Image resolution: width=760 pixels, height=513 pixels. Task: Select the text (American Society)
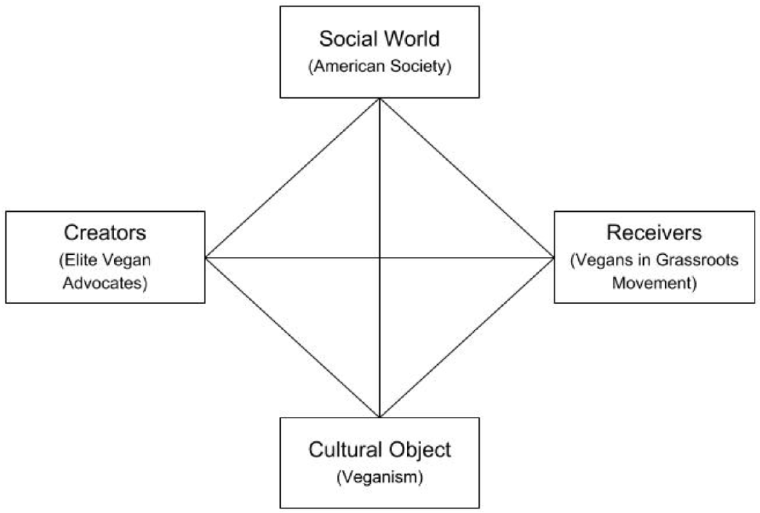coord(380,66)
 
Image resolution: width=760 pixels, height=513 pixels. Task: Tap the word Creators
coord(105,233)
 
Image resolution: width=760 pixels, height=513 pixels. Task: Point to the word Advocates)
coord(105,283)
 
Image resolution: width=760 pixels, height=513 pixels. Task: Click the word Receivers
coord(654,233)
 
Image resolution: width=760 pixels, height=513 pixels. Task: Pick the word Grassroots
coord(697,260)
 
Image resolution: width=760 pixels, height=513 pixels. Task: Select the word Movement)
coord(654,283)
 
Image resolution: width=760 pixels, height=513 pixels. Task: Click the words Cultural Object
coord(380,450)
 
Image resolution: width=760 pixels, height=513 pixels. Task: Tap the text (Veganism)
coord(380,477)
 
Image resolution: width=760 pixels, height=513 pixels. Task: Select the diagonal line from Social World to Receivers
coord(467,178)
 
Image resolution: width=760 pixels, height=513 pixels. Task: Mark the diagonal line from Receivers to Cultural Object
coord(467,338)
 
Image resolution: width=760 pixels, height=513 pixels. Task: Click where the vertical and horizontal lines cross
coord(380,258)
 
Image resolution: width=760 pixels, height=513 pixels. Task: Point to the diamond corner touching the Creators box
coord(206,258)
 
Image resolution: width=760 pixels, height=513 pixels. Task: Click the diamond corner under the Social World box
coord(380,99)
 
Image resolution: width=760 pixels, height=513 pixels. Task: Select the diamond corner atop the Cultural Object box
coord(380,417)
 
